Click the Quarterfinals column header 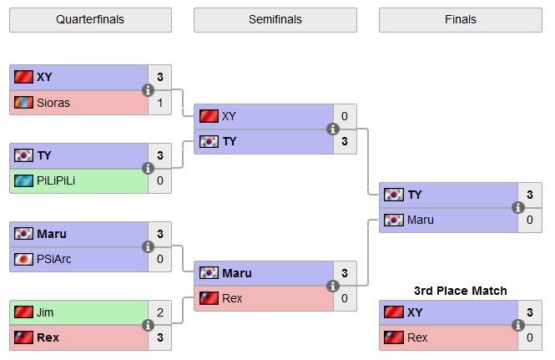coord(90,19)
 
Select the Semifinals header coord(275,19)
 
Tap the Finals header coord(461,19)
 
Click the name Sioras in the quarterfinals coord(54,102)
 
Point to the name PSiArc coord(54,259)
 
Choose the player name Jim coord(46,312)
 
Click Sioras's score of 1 coord(159,102)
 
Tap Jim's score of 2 coord(159,312)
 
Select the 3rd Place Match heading coord(461,290)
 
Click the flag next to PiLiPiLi coord(23,180)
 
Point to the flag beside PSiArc coord(23,259)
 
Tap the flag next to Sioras coord(23,102)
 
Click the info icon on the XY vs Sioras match coord(149,89)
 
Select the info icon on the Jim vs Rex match coord(149,325)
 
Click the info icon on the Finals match coord(517,207)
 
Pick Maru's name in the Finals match coord(421,221)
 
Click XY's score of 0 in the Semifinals coord(345,116)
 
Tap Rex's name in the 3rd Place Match coord(417,337)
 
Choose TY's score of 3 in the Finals coord(529,195)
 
